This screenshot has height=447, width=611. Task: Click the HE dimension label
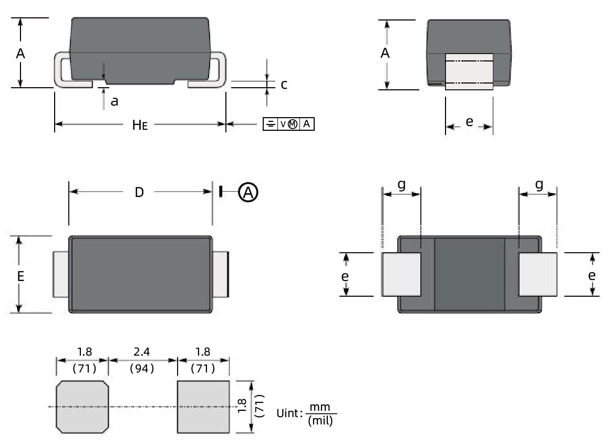pyautogui.click(x=139, y=125)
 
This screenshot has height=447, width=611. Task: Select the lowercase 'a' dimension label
pyautogui.click(x=114, y=101)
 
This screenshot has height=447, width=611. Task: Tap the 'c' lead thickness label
pyautogui.click(x=284, y=84)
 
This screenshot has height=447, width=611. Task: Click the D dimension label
pyautogui.click(x=139, y=192)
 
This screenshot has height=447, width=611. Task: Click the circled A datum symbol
pyautogui.click(x=248, y=193)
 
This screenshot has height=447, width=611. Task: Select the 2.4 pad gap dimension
pyautogui.click(x=142, y=351)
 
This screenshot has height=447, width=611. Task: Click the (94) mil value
pyautogui.click(x=142, y=368)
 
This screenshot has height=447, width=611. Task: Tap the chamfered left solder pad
pyautogui.click(x=82, y=407)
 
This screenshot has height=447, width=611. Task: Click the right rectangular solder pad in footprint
pyautogui.click(x=203, y=407)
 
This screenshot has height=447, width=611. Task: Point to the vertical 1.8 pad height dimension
pyautogui.click(x=242, y=406)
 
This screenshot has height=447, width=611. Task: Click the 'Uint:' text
pyautogui.click(x=289, y=413)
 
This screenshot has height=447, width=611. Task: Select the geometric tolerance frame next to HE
pyautogui.click(x=288, y=124)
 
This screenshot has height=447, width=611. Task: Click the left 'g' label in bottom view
pyautogui.click(x=402, y=185)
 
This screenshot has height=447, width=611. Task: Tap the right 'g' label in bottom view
pyautogui.click(x=538, y=185)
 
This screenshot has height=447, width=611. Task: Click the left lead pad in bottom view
pyautogui.click(x=402, y=274)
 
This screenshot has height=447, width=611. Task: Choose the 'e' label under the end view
pyautogui.click(x=469, y=122)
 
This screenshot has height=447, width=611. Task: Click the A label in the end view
pyautogui.click(x=385, y=53)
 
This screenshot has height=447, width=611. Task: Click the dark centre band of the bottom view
pyautogui.click(x=469, y=274)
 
